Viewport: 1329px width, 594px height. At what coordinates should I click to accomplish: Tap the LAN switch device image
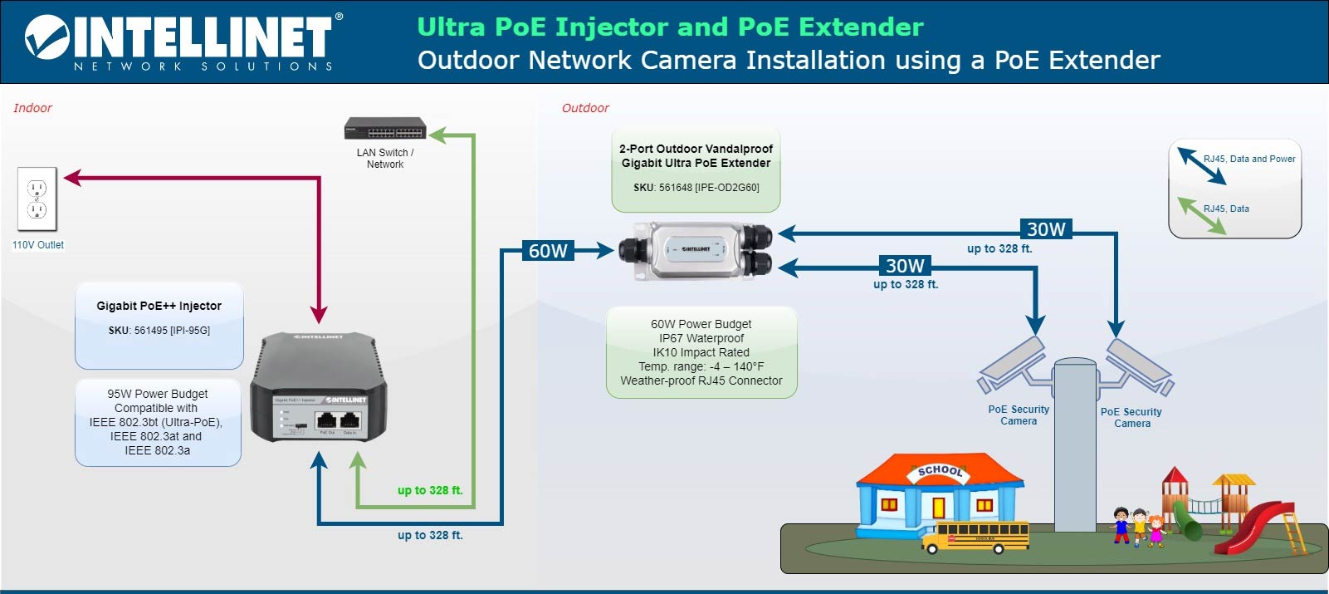385,129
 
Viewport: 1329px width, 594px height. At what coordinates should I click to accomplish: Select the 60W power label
548,251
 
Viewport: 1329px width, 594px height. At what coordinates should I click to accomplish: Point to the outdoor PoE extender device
696,250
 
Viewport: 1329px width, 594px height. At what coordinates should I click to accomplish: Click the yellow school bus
975,537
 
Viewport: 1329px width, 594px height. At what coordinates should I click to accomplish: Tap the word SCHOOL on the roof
940,471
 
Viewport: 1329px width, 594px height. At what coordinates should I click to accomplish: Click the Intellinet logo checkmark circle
47,37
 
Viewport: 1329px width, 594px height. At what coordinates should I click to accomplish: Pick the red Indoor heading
32,108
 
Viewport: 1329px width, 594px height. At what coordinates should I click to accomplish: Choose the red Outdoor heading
585,108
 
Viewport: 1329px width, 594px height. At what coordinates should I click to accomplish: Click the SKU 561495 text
159,331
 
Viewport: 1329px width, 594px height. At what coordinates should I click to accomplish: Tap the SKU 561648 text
696,188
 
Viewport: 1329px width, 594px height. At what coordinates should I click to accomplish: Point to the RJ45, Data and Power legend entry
1248,159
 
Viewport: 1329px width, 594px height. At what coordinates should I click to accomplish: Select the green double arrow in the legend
1203,214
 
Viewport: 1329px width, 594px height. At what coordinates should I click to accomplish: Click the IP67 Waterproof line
701,338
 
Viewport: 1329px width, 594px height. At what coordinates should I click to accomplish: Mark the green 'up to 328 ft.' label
429,490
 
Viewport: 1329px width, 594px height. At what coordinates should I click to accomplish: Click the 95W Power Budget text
158,394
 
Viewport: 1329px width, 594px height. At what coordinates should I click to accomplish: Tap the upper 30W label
1046,229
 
